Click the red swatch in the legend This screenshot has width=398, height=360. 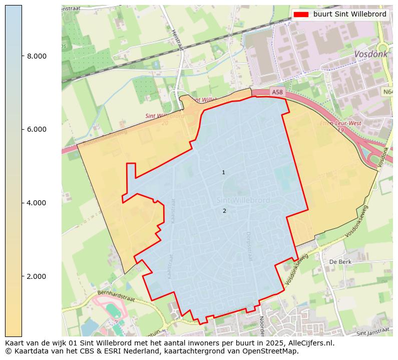(302, 15)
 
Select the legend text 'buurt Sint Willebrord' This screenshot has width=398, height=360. (349, 15)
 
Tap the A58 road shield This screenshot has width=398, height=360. (276, 92)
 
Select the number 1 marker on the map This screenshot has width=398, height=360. (223, 173)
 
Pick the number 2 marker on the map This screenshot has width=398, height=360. (224, 211)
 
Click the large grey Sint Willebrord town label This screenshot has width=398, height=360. (243, 200)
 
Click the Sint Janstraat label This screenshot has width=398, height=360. (372, 332)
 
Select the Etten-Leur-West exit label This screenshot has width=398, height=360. (340, 123)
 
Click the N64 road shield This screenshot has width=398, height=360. (388, 92)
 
